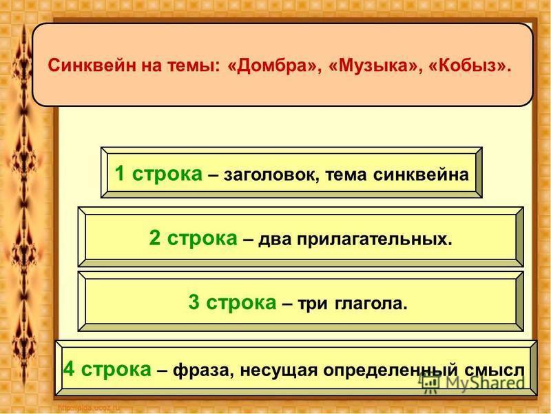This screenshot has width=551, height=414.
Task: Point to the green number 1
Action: pos(120,173)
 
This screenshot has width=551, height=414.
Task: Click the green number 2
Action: pos(154,237)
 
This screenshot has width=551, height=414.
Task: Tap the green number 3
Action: pos(194,302)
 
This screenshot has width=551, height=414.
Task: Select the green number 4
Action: pos(69,369)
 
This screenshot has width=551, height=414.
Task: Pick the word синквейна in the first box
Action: pos(421,175)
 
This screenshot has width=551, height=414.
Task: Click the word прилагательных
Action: pos(374,239)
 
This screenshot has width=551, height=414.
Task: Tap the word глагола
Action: pos(371,304)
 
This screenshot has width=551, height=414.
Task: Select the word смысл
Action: pos(495,371)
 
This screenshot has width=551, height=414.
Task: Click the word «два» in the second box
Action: pos(275,240)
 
